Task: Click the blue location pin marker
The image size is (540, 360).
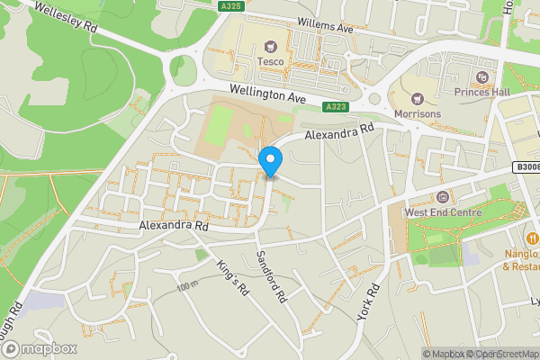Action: tap(270, 161)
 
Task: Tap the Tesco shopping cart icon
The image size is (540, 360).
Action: tap(269, 48)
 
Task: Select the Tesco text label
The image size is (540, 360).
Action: tap(270, 61)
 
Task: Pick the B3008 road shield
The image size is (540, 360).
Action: tap(526, 166)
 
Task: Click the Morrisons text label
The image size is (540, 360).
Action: tap(418, 114)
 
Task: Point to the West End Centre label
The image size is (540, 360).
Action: tap(443, 211)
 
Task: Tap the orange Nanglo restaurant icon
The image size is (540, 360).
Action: tap(534, 238)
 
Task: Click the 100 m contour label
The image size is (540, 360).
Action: tap(187, 285)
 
